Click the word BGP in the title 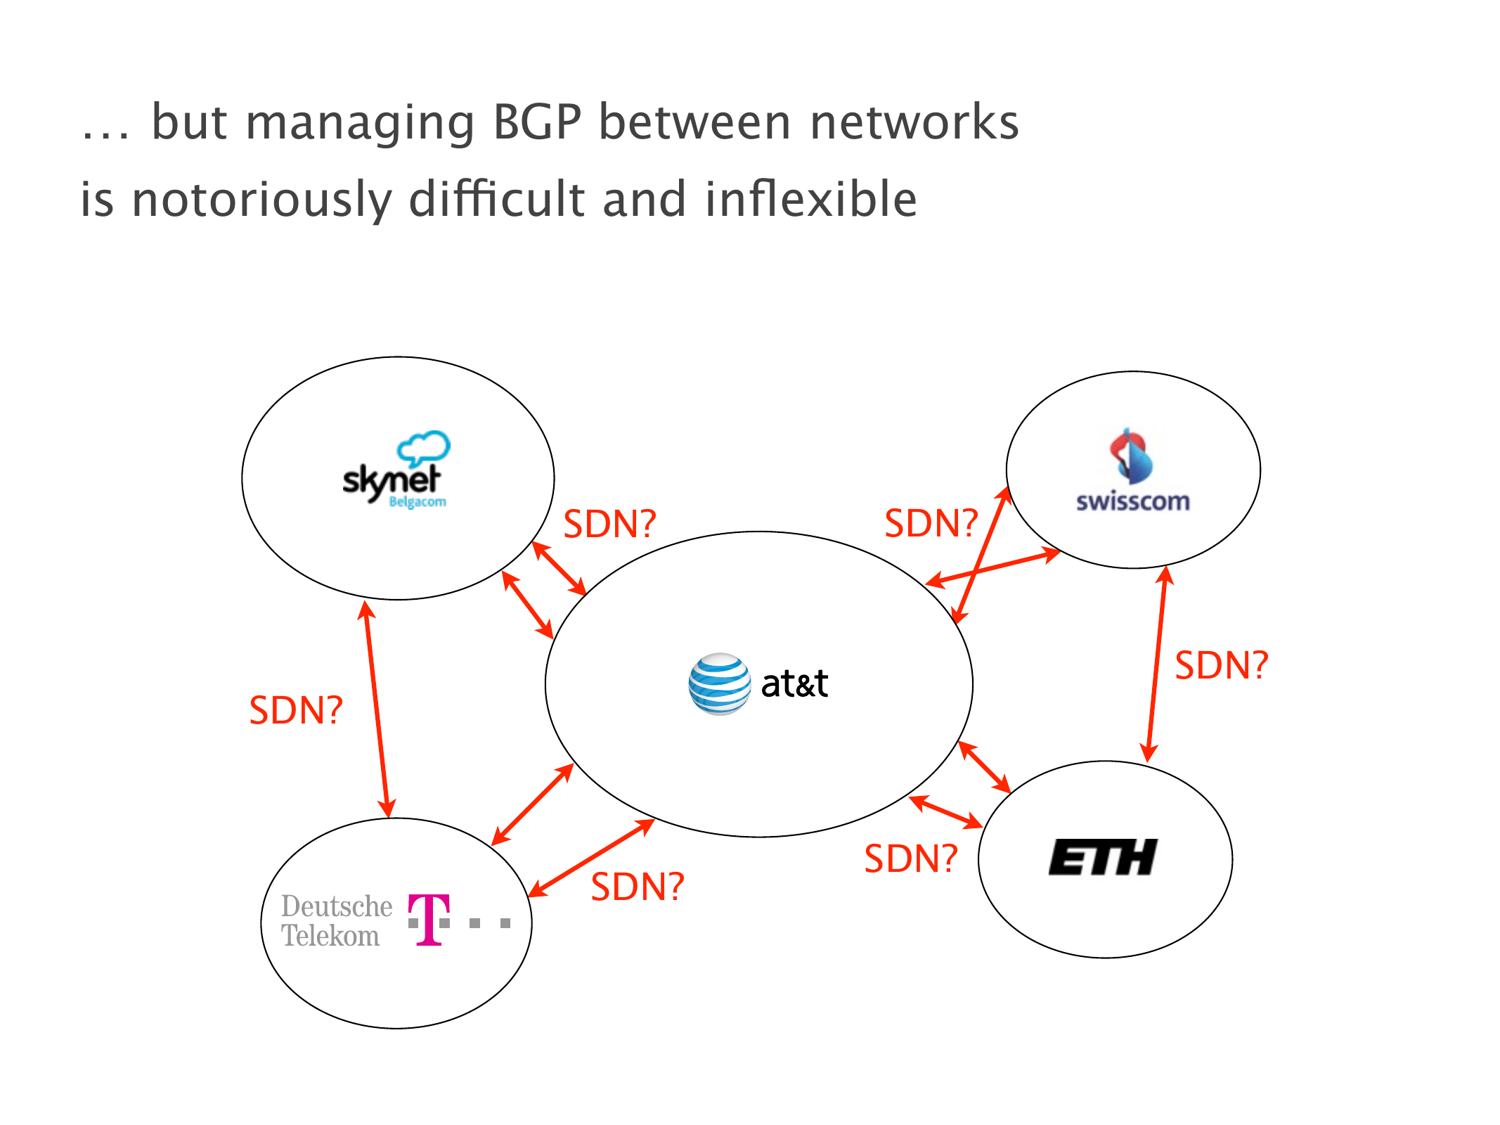tap(537, 122)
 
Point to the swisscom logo tap(1132, 471)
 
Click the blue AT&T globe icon tap(719, 683)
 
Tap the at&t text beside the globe tap(794, 684)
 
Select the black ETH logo tap(1102, 857)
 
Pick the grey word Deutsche tap(337, 906)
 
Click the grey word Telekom tap(330, 937)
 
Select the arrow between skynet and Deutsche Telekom tap(377, 709)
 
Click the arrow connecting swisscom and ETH tap(1157, 664)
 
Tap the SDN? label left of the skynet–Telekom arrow tap(296, 710)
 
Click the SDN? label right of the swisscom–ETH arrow tap(1222, 665)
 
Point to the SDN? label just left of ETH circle tap(911, 859)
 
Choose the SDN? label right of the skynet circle tap(610, 525)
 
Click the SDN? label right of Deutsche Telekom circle tap(638, 887)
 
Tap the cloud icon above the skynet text tap(424, 447)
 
